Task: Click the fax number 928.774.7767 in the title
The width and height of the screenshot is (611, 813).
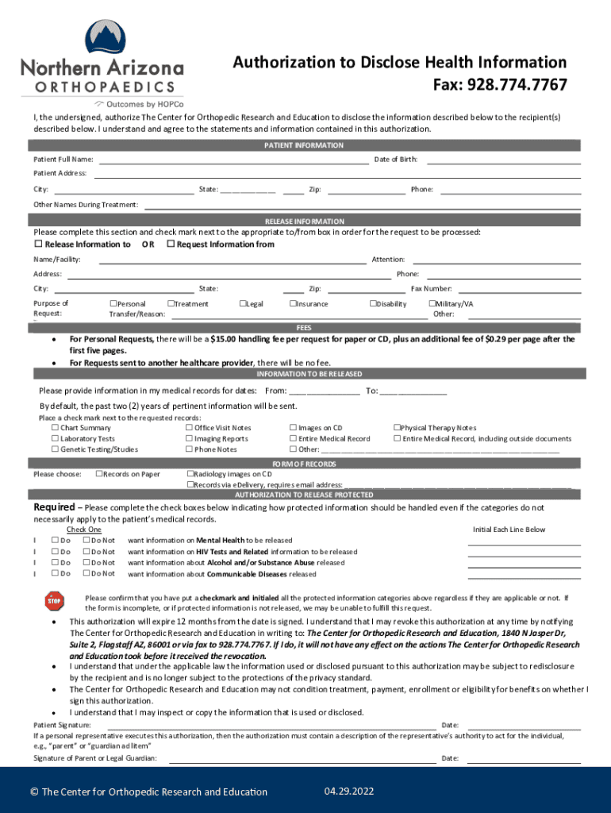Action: click(x=517, y=85)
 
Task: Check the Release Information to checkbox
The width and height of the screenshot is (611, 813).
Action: click(x=37, y=245)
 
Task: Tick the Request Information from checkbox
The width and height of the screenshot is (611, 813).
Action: click(x=170, y=245)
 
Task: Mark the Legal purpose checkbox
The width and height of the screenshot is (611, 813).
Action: click(x=243, y=304)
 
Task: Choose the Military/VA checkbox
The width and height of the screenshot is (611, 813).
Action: click(x=432, y=304)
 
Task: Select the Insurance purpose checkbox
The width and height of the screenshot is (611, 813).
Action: click(x=293, y=304)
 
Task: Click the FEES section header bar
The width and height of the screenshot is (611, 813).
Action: click(x=305, y=327)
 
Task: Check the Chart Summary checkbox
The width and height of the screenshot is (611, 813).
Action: click(x=55, y=428)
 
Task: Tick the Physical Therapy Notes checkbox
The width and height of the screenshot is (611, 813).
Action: click(x=397, y=428)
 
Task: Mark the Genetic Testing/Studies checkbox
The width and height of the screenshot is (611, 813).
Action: click(x=55, y=449)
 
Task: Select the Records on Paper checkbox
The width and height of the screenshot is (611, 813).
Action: click(x=98, y=474)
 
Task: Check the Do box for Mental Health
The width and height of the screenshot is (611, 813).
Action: click(x=55, y=541)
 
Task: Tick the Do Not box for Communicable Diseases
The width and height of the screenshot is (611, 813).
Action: click(x=86, y=573)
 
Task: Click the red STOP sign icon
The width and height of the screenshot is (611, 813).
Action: click(x=54, y=601)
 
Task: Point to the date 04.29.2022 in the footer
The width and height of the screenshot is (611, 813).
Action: click(x=349, y=792)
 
